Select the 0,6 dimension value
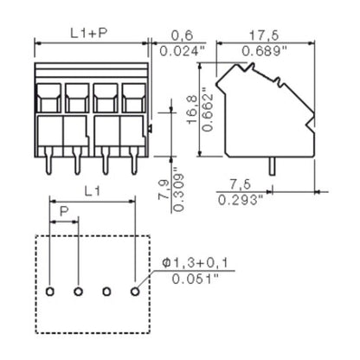[x=182, y=34]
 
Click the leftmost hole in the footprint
[x=50, y=292]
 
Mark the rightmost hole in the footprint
[x=134, y=292]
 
